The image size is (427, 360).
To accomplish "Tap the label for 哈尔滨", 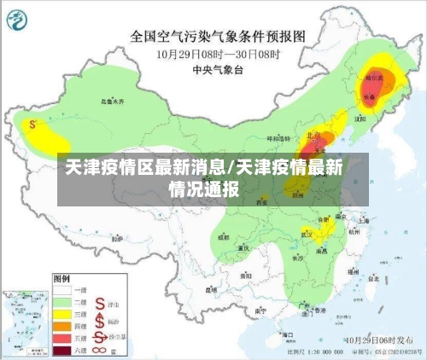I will [373, 78].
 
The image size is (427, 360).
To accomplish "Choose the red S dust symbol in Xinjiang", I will [32, 125].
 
